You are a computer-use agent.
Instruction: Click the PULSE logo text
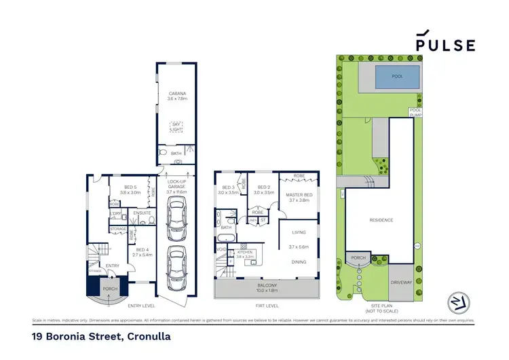click(445, 45)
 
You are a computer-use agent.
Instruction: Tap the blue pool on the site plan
click(397, 77)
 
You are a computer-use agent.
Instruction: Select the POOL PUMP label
click(415, 112)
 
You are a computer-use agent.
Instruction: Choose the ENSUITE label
click(142, 213)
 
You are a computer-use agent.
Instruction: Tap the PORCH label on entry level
click(109, 289)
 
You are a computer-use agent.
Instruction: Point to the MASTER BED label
click(299, 197)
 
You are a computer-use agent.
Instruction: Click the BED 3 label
click(228, 190)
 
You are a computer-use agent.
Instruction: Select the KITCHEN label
click(245, 252)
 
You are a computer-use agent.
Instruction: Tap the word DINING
click(299, 262)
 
